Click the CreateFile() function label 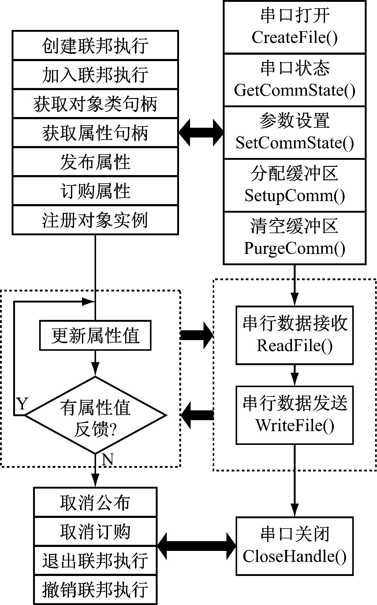point(294,38)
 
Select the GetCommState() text point(294,90)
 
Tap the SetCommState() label point(294,143)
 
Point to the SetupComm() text point(294,196)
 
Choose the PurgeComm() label point(294,248)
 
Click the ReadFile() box point(294,335)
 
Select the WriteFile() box point(294,415)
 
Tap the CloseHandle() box point(294,546)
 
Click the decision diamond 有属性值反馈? point(95,415)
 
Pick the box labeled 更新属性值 point(95,335)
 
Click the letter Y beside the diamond point(22,404)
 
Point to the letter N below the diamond point(107,459)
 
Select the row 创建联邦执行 point(95,46)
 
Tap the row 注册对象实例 point(95,220)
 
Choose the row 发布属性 point(95,162)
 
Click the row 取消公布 point(95,503)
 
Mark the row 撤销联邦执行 point(95,590)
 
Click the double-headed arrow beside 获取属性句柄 point(201,133)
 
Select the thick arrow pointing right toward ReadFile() point(196,335)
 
